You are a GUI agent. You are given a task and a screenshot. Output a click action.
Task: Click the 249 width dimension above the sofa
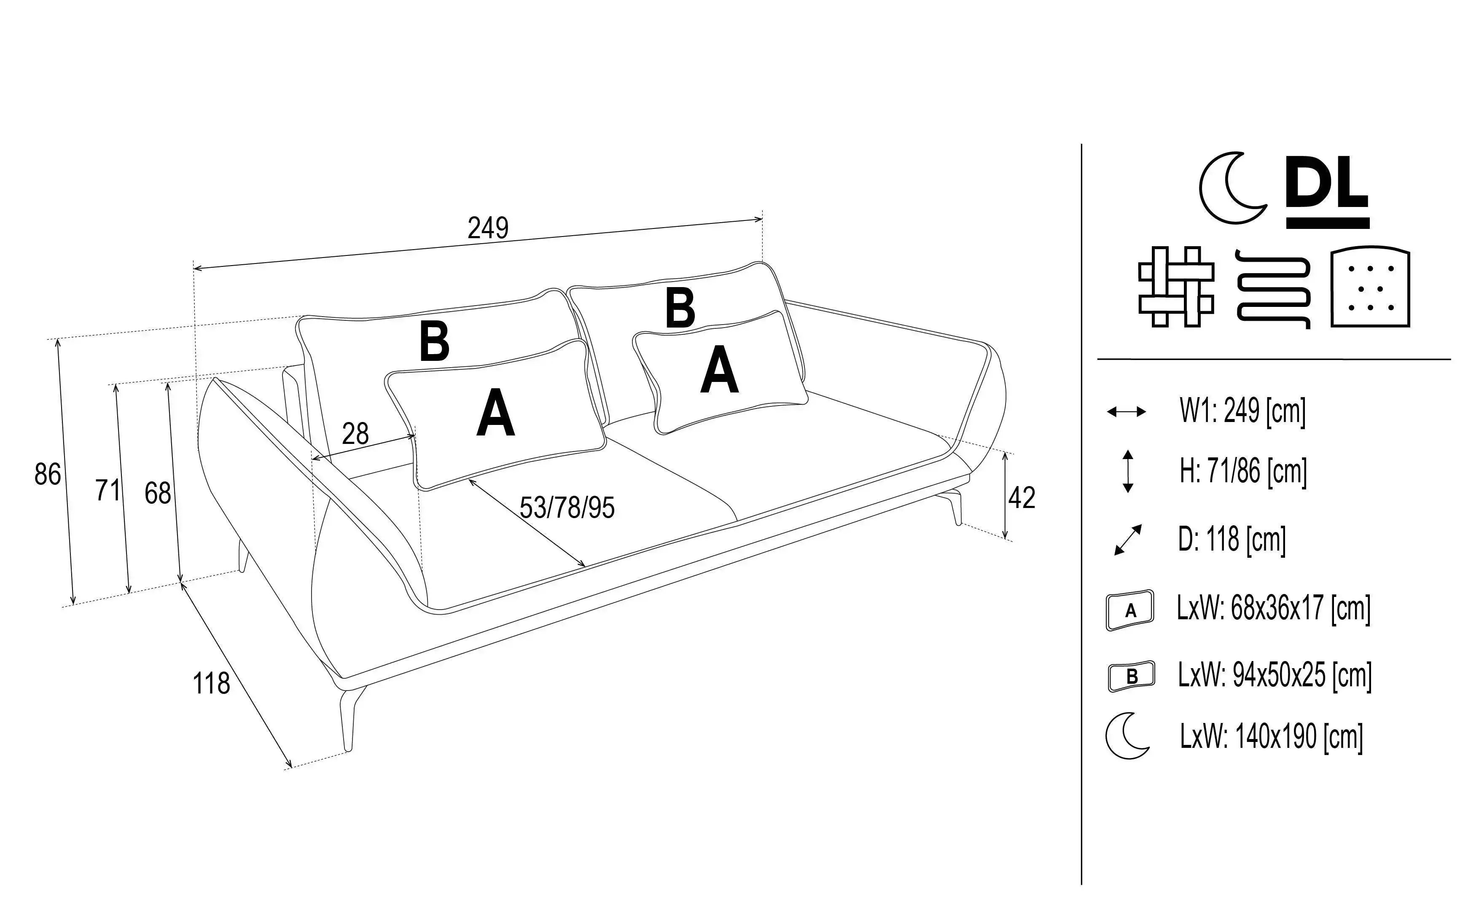[x=488, y=228]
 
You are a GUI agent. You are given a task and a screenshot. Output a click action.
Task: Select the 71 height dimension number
[x=108, y=490]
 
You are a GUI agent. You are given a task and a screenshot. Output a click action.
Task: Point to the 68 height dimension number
[x=157, y=494]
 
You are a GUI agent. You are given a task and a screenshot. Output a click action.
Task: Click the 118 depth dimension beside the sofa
[x=211, y=683]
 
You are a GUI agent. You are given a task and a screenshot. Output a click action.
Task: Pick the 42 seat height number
[x=1022, y=498]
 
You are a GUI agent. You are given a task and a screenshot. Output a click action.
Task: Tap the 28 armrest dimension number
[x=355, y=434]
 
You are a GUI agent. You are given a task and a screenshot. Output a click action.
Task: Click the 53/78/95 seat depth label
[x=567, y=508]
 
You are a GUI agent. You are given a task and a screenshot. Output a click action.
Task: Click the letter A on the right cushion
[x=719, y=372]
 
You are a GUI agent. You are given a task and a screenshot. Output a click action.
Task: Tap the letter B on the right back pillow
[x=680, y=308]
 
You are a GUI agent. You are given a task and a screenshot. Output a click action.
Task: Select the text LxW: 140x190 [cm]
[x=1271, y=736]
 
